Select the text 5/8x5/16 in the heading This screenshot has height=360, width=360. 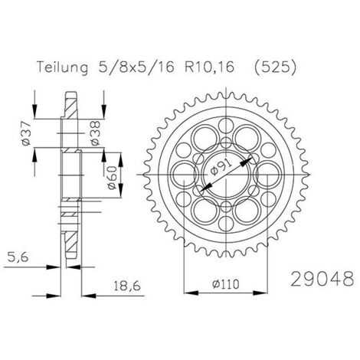pos(136,67)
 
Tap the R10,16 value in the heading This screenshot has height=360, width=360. pos(209,67)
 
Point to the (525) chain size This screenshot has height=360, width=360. pos(276,67)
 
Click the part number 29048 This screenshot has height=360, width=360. pos(322,279)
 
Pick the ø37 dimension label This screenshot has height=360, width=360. pos(26,133)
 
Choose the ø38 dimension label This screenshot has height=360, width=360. pos(95,133)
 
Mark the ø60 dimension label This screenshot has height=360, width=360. pos(112,178)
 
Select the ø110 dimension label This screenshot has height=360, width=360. pos(225,284)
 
